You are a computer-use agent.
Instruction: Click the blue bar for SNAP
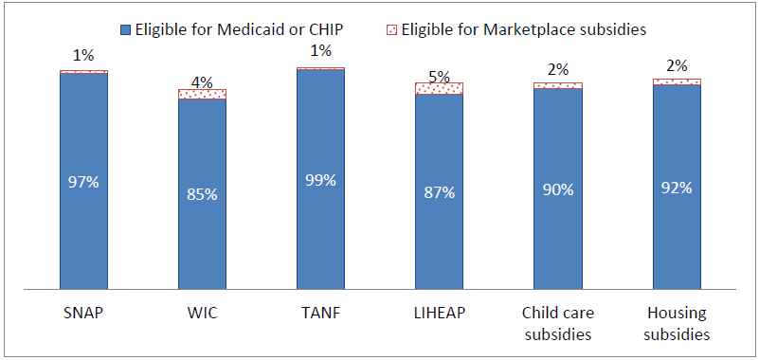[x=83, y=227]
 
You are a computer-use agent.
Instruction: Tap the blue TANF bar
[x=320, y=227]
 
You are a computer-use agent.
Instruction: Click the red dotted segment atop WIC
[x=202, y=94]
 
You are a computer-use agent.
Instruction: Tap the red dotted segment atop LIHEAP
[x=439, y=88]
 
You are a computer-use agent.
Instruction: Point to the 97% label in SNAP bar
[x=83, y=182]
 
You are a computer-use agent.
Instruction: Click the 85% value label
[x=202, y=194]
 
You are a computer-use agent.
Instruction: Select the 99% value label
[x=320, y=180]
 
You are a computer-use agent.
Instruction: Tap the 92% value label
[x=677, y=187]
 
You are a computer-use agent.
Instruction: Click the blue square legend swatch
[x=121, y=29]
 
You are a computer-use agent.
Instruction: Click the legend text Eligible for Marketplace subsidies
[x=523, y=29]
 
